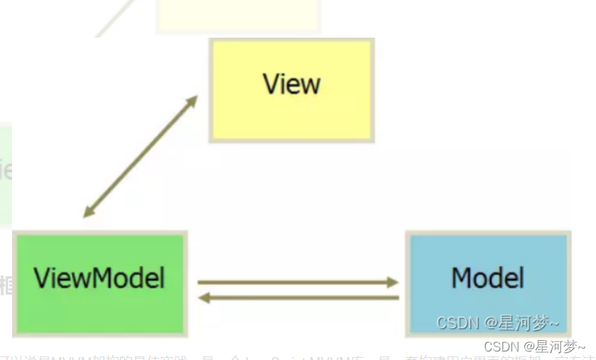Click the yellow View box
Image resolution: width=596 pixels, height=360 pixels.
291,90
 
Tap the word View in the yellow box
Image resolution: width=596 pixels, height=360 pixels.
291,84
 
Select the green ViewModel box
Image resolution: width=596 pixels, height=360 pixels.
99,282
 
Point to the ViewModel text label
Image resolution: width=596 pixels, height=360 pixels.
99,277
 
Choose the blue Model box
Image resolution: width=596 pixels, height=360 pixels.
488,282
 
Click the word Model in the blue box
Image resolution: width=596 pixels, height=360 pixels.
488,277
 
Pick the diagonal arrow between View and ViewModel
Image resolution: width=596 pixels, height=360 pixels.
141,156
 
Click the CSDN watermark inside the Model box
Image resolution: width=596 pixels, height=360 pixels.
497,324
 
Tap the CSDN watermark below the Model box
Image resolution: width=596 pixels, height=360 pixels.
534,347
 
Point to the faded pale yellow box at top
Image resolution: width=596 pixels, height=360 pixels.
238,16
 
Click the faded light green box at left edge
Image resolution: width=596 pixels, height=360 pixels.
6,174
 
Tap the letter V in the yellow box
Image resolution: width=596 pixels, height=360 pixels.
271,84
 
